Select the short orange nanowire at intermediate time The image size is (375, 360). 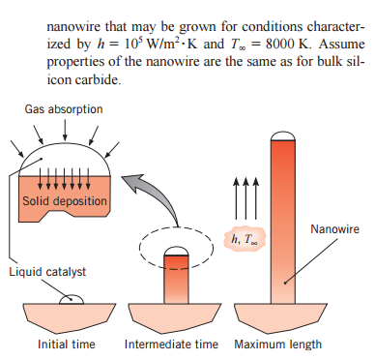pyautogui.click(x=176, y=275)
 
